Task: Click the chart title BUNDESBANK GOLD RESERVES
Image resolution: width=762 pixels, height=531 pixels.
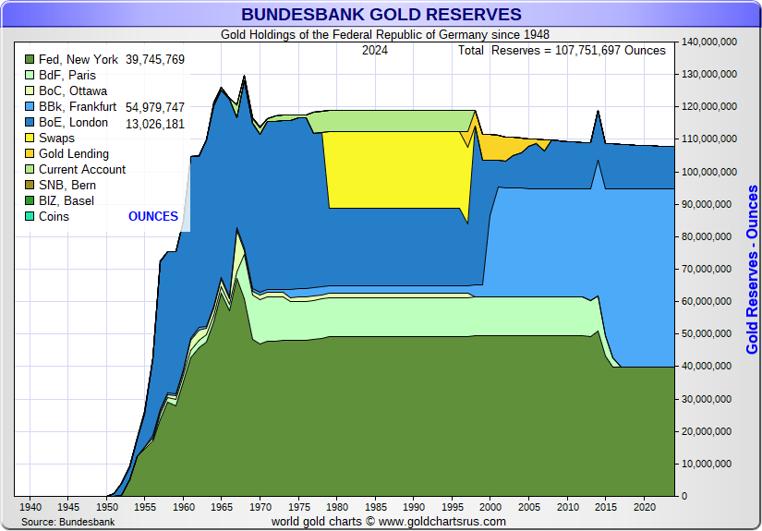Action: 381,15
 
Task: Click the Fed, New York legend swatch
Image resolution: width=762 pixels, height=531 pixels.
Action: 30,60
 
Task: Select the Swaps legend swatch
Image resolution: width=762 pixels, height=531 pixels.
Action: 30,139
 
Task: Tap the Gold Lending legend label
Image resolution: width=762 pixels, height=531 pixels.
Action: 73,154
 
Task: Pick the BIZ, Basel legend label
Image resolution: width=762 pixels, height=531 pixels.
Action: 66,201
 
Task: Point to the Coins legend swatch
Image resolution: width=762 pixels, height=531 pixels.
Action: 30,217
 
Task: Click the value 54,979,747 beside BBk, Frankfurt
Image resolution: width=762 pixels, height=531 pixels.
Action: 154,107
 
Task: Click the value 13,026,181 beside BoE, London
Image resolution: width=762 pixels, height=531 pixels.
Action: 154,123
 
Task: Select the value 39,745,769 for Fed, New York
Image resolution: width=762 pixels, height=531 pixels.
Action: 154,60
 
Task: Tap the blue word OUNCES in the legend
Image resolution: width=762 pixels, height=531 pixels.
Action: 153,217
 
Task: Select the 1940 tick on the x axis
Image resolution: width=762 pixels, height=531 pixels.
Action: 30,507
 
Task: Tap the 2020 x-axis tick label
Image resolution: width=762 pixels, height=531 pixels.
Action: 644,507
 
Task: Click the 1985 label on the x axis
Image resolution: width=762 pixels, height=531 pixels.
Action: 375,507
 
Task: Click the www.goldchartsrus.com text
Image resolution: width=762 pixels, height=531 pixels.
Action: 442,522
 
